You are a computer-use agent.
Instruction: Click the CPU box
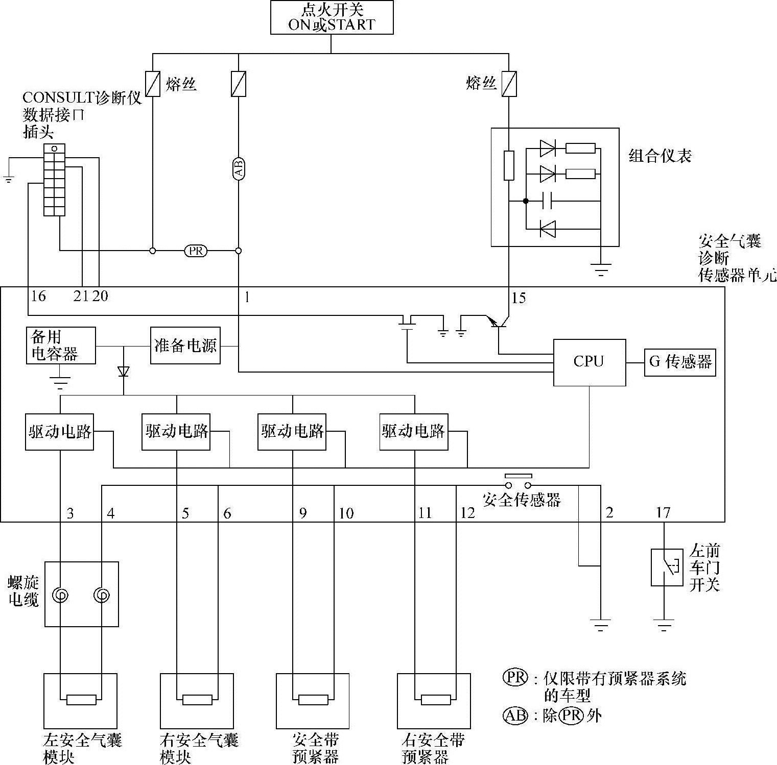[590, 362]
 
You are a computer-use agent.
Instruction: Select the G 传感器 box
[680, 362]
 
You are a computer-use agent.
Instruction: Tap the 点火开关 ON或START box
[332, 17]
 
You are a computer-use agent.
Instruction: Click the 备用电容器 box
[61, 346]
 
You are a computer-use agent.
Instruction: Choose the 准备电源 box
[185, 346]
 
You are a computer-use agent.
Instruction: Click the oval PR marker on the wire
[196, 251]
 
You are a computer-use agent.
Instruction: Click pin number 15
[518, 298]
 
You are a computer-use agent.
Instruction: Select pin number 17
[663, 512]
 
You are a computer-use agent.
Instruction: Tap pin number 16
[38, 296]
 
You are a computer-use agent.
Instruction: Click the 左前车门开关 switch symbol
[667, 567]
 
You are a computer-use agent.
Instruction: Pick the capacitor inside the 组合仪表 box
[547, 201]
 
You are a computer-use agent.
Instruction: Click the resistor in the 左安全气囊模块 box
[81, 700]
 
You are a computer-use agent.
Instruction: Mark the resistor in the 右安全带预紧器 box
[436, 700]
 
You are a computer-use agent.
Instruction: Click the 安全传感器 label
[522, 500]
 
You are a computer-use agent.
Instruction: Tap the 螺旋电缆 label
[23, 591]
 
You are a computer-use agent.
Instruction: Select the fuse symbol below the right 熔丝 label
[509, 84]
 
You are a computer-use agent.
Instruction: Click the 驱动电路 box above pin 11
[414, 432]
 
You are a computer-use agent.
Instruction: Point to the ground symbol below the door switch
[664, 626]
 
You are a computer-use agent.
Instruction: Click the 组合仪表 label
[660, 156]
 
